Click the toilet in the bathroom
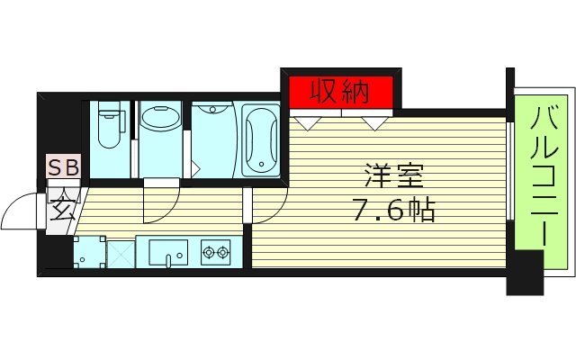(x=110, y=126)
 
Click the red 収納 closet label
(x=340, y=91)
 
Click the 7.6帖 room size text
(x=394, y=211)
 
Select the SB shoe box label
(x=64, y=167)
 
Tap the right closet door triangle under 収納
(x=373, y=124)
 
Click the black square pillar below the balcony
(x=525, y=273)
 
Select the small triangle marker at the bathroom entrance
(x=194, y=167)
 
